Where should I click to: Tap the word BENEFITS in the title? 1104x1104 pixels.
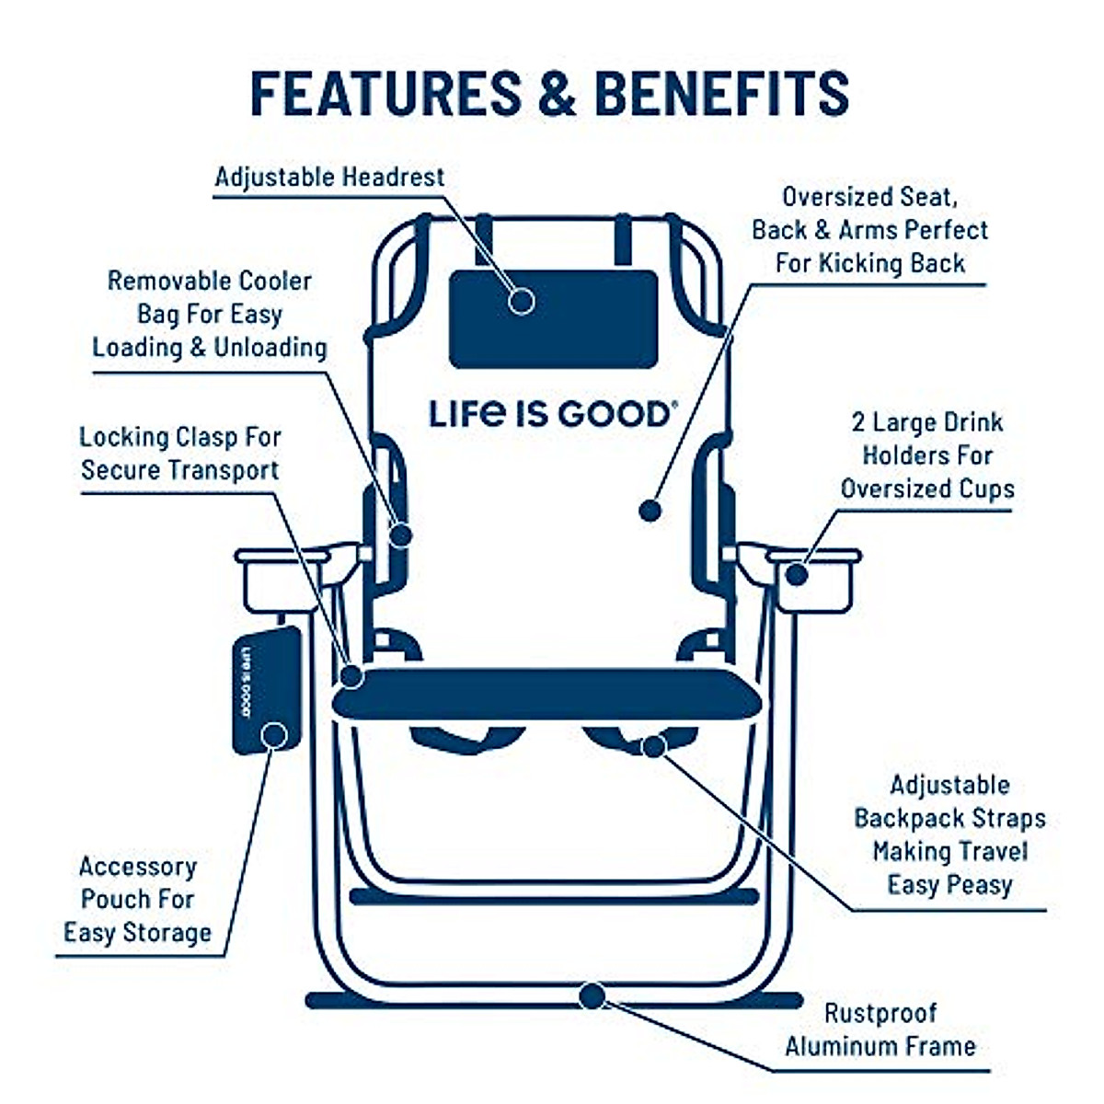(x=721, y=92)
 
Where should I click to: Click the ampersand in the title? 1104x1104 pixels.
(x=557, y=92)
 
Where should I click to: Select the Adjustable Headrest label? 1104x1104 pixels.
(x=329, y=177)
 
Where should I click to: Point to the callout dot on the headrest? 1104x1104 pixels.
(x=522, y=300)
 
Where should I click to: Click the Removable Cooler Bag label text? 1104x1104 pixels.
(x=210, y=314)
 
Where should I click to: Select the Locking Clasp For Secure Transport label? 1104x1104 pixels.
(x=180, y=454)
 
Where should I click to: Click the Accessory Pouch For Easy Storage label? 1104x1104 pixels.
(x=138, y=899)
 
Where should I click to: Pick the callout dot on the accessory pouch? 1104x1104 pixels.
(x=273, y=735)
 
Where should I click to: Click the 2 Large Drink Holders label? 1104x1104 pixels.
(x=927, y=455)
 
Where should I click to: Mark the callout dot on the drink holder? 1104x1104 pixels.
(x=797, y=575)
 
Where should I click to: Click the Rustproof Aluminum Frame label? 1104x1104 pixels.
(x=880, y=1029)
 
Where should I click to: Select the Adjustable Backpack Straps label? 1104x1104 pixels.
(x=949, y=834)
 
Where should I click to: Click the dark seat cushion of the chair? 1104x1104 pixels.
(x=547, y=694)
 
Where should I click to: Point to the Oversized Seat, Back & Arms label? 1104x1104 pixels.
(x=869, y=230)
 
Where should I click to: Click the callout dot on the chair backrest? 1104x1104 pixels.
(x=650, y=510)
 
